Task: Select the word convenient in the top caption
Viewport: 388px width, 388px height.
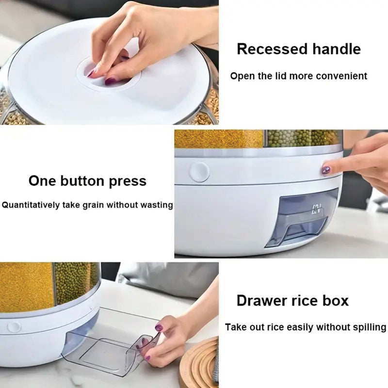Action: [342, 76]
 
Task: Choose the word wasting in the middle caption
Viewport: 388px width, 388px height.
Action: [157, 205]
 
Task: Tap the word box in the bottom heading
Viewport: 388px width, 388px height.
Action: [336, 300]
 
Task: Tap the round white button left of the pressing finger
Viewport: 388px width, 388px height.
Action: [199, 172]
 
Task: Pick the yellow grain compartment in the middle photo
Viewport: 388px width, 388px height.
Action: [218, 139]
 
